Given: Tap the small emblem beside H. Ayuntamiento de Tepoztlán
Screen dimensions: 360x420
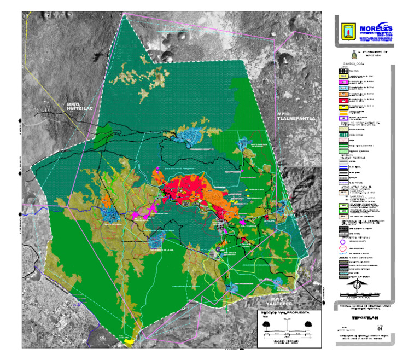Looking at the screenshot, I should click(354, 54).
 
